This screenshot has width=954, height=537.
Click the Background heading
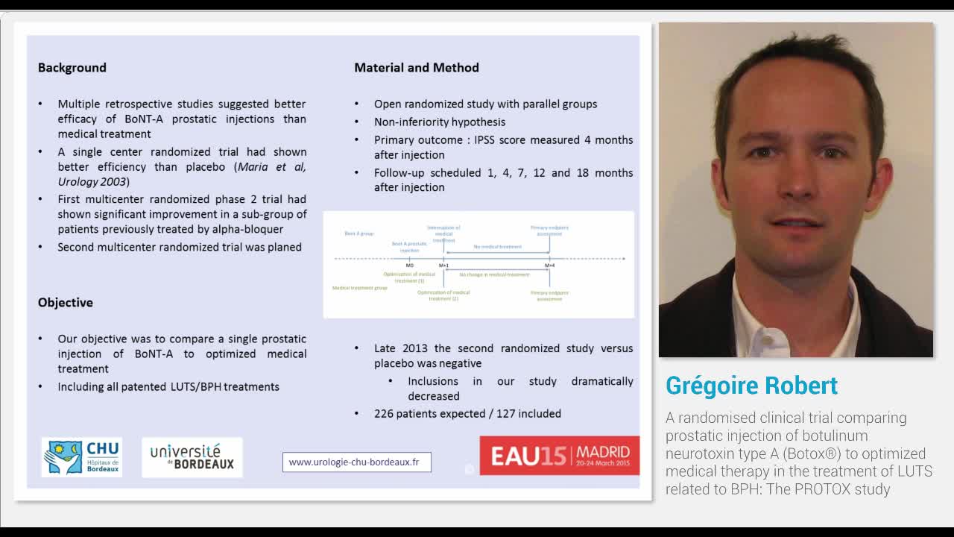pos(72,68)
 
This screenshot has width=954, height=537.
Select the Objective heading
pos(66,303)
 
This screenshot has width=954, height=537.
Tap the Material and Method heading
pos(417,68)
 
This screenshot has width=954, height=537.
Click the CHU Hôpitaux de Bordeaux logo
pos(82,457)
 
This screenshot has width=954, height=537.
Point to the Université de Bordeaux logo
pos(192,457)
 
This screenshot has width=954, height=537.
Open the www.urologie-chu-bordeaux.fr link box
pos(356,462)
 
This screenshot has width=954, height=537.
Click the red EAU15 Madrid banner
pos(559,456)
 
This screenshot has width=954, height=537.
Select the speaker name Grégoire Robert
pos(751,386)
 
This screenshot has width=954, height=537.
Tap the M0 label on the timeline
pos(409,266)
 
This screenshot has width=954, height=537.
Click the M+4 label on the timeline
pos(549,266)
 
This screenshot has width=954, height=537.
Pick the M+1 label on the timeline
pos(443,266)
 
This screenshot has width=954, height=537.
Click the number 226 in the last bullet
pos(385,414)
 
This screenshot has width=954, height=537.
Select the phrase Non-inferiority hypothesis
pos(440,122)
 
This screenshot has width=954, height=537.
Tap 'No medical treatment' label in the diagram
pos(497,247)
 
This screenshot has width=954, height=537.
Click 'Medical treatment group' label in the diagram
pos(359,288)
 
